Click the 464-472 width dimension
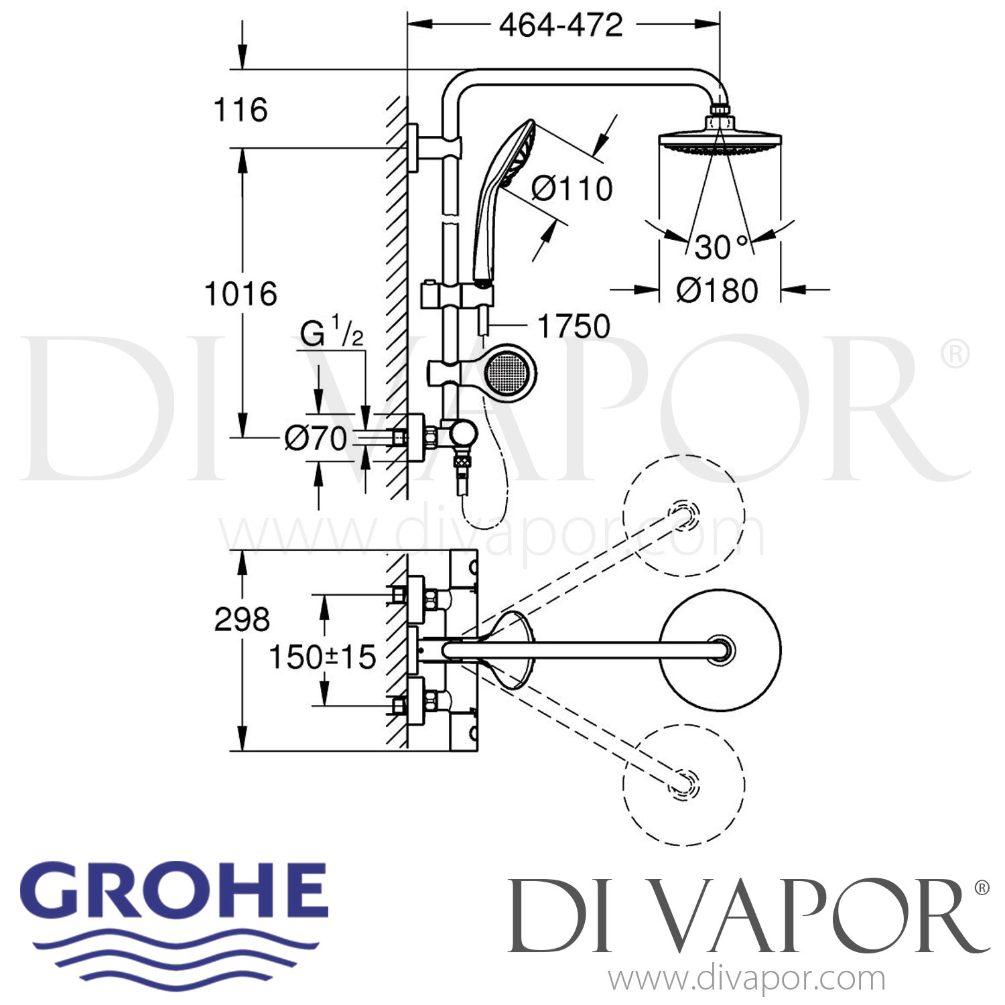(x=561, y=25)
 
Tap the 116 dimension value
(x=241, y=110)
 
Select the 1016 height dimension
(x=241, y=294)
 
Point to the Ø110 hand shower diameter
(x=572, y=188)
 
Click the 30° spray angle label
(x=721, y=247)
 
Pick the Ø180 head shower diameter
(x=717, y=291)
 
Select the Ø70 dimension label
(x=316, y=439)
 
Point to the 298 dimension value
(x=242, y=619)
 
